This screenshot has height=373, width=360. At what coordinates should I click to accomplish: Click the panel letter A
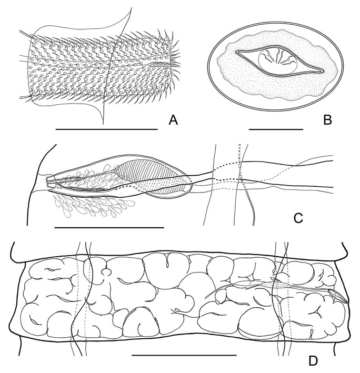(x=173, y=120)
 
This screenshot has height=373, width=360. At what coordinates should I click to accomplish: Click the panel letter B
(x=327, y=120)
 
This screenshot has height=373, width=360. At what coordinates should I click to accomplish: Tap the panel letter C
(x=298, y=218)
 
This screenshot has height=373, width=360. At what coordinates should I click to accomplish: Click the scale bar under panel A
(x=107, y=129)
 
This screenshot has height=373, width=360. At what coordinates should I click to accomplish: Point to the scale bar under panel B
(x=276, y=129)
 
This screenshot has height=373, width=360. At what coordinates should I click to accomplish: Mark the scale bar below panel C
(x=109, y=228)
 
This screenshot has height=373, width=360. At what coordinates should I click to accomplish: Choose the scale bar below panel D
(x=184, y=356)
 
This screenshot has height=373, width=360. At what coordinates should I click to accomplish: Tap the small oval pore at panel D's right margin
(x=338, y=296)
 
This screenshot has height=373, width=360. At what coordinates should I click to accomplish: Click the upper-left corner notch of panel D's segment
(x=24, y=263)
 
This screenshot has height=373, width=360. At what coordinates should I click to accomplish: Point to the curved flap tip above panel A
(x=131, y=8)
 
